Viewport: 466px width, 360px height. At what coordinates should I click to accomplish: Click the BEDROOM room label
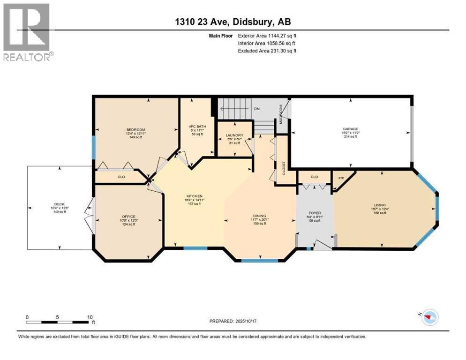tap(135, 130)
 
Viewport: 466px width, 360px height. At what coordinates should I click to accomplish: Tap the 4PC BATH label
tap(195, 126)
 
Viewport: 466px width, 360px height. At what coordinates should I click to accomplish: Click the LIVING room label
tap(379, 205)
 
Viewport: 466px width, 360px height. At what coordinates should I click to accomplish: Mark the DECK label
tap(59, 204)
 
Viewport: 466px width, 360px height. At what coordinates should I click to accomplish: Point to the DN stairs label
tap(256, 108)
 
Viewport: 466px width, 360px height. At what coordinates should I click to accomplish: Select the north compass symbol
tap(427, 318)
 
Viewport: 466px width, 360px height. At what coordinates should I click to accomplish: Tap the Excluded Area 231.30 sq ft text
tap(267, 51)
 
